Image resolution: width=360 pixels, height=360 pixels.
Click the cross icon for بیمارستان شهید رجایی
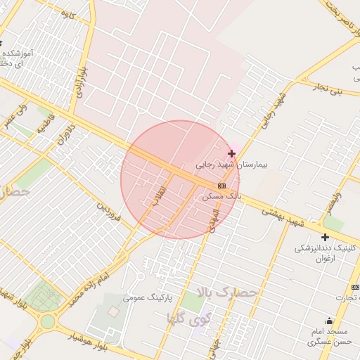(x=231, y=153)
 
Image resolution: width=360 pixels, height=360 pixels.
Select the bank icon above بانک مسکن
(x=222, y=186)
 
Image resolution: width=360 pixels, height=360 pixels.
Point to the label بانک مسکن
(x=221, y=196)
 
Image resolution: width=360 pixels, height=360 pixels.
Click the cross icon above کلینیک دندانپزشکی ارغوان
(x=325, y=238)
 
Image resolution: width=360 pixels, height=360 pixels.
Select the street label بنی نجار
(x=328, y=89)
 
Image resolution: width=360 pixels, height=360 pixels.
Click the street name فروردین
(x=110, y=213)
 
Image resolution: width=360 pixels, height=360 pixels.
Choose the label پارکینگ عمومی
(x=149, y=297)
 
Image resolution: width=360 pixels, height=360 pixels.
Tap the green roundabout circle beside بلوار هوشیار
(x=47, y=321)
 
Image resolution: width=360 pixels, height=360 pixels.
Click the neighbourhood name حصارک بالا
(x=228, y=292)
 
